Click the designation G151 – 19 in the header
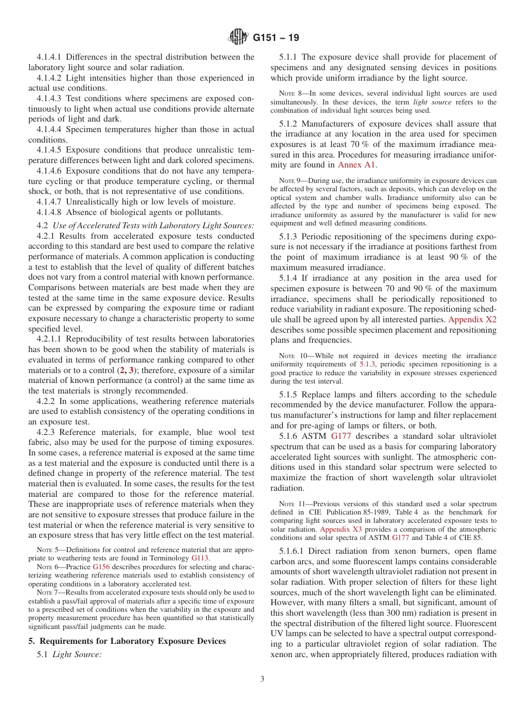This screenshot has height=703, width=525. pyautogui.click(x=276, y=38)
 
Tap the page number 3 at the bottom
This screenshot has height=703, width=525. pyautogui.click(x=262, y=679)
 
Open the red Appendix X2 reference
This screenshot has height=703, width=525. pyautogui.click(x=472, y=320)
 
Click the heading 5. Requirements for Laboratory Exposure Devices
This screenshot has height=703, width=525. pyautogui.click(x=127, y=641)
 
